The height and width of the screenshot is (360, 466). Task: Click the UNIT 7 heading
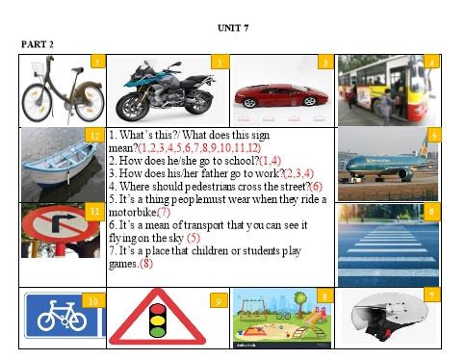pos(233,28)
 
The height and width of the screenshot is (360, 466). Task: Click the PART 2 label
pos(38,44)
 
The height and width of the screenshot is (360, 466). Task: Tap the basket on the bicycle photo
pos(38,68)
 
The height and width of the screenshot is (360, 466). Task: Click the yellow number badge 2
pos(220,62)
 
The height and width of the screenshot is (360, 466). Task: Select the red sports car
pos(281,96)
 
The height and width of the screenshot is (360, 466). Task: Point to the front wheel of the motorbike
pos(131,108)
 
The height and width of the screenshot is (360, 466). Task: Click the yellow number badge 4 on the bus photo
pos(431,62)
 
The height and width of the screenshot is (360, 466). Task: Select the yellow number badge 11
pos(95,212)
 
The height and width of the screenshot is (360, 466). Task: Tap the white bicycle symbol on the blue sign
pos(63,316)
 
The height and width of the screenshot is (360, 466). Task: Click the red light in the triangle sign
pos(157,309)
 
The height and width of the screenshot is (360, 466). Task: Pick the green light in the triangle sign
pos(157,331)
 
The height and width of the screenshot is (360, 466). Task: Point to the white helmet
pos(390,316)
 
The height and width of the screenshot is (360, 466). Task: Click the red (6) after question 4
pos(316,187)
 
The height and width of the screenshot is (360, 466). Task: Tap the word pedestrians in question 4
pos(211,187)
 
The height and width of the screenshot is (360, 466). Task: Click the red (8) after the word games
pos(146,264)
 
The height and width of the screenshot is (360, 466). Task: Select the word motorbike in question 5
pos(133,212)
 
